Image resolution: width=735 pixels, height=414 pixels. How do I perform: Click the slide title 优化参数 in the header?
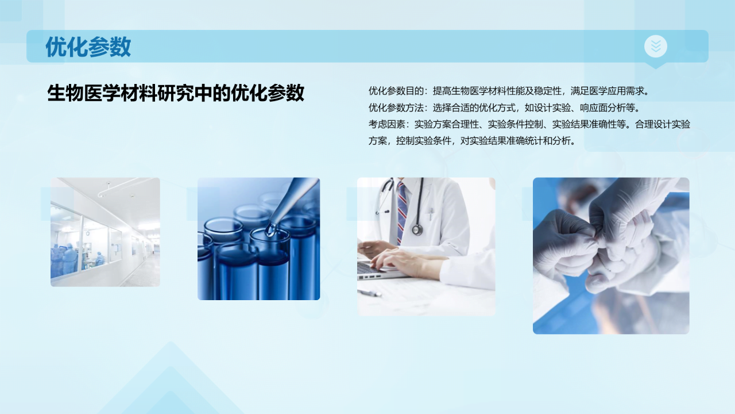click(88, 47)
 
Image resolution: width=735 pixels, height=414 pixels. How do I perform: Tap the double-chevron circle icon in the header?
click(655, 46)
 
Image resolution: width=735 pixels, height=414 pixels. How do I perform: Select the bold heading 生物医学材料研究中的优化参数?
click(176, 93)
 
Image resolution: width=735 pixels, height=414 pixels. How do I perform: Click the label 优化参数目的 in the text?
click(396, 91)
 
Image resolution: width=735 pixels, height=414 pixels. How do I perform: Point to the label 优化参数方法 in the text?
click(396, 108)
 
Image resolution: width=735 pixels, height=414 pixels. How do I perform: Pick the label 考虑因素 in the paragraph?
click(386, 124)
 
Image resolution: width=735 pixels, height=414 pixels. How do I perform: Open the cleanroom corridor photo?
click(105, 232)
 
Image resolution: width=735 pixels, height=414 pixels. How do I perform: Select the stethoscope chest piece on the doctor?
click(417, 229)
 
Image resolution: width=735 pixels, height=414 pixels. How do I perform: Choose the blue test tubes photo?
click(258, 239)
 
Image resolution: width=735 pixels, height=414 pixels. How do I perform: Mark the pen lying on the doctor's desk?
click(369, 293)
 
